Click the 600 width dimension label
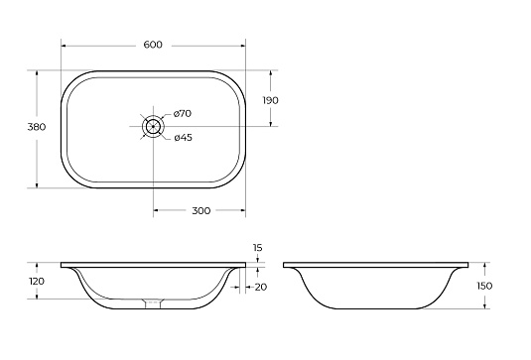click(x=153, y=45)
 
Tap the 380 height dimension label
click(x=37, y=127)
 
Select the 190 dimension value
click(x=271, y=100)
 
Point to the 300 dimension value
click(x=201, y=211)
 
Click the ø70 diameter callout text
click(x=183, y=114)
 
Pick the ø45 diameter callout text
click(x=184, y=138)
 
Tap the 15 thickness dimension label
click(x=258, y=248)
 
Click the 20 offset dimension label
click(x=261, y=288)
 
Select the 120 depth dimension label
click(x=37, y=282)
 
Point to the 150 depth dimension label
click(x=484, y=286)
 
